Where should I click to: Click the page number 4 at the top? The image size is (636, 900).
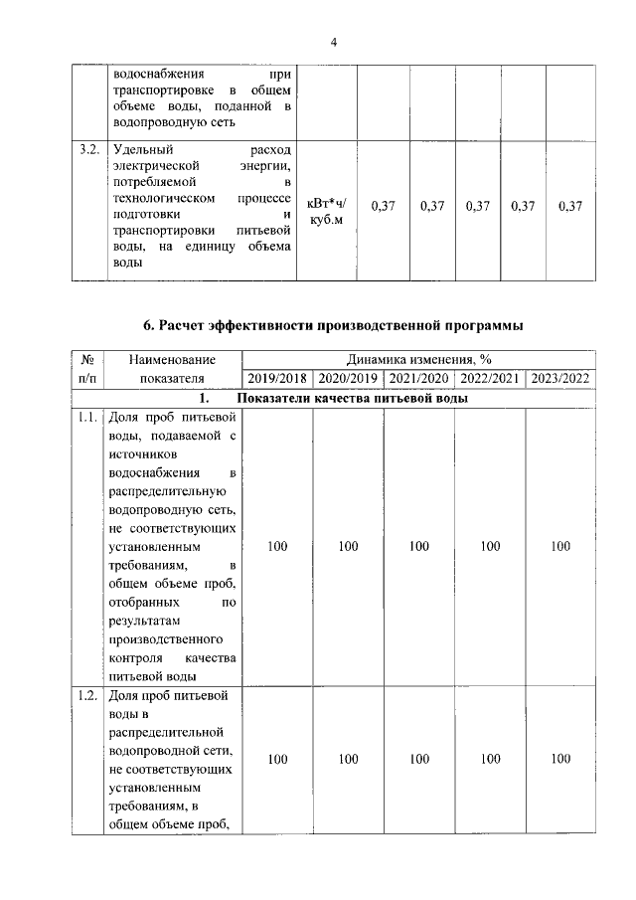pyautogui.click(x=334, y=42)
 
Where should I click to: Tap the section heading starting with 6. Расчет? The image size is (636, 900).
pyautogui.click(x=333, y=325)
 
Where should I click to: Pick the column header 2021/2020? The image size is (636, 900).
pyautogui.click(x=418, y=378)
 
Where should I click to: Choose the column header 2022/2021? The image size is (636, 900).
pyautogui.click(x=489, y=378)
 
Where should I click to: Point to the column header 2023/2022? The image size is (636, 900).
pyautogui.click(x=560, y=378)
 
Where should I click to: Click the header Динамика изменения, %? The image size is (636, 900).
pyautogui.click(x=418, y=360)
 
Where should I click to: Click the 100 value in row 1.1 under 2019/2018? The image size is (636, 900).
pyautogui.click(x=277, y=546)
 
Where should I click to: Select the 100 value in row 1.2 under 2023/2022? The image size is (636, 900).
pyautogui.click(x=560, y=759)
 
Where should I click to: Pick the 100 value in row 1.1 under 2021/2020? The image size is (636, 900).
pyautogui.click(x=418, y=546)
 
